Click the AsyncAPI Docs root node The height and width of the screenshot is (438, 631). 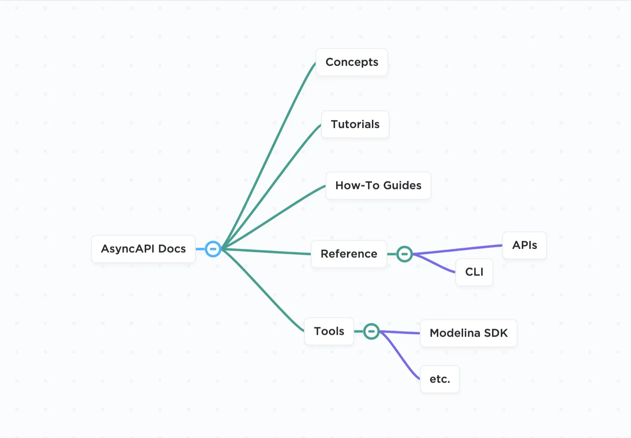point(143,249)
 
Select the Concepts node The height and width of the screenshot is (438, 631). point(352,62)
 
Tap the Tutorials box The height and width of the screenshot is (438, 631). point(355,125)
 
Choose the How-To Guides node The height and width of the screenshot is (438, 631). point(378,186)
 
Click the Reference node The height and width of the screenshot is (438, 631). point(349,254)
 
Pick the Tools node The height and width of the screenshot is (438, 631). point(329,331)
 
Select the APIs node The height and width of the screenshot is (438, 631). point(524,245)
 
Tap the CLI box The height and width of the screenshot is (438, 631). point(474,272)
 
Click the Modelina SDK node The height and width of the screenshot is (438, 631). point(469,333)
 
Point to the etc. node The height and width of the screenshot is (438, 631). point(440,379)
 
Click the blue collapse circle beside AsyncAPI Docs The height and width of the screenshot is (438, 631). point(213,249)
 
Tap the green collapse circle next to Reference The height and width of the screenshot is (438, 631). point(405,254)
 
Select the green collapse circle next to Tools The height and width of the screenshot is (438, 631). point(371,331)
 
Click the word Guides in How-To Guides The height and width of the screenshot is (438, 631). point(402,186)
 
